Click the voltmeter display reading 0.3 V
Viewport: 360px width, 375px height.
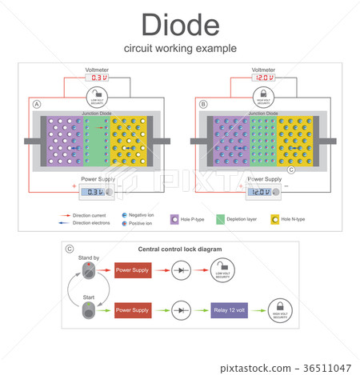tap(97, 78)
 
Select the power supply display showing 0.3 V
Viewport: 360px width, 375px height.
tap(95, 191)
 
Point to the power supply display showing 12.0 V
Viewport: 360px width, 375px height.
tap(261, 191)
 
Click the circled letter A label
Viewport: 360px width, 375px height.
tap(37, 105)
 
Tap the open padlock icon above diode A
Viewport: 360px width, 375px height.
tap(97, 96)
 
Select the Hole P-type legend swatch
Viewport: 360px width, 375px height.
tap(173, 217)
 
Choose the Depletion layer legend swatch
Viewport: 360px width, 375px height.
tap(219, 217)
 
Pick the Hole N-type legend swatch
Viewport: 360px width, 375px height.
tap(274, 217)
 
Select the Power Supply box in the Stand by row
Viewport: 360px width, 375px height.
tap(132, 269)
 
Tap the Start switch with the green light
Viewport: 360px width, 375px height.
tap(88, 309)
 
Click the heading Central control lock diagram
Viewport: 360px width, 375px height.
tap(180, 249)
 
